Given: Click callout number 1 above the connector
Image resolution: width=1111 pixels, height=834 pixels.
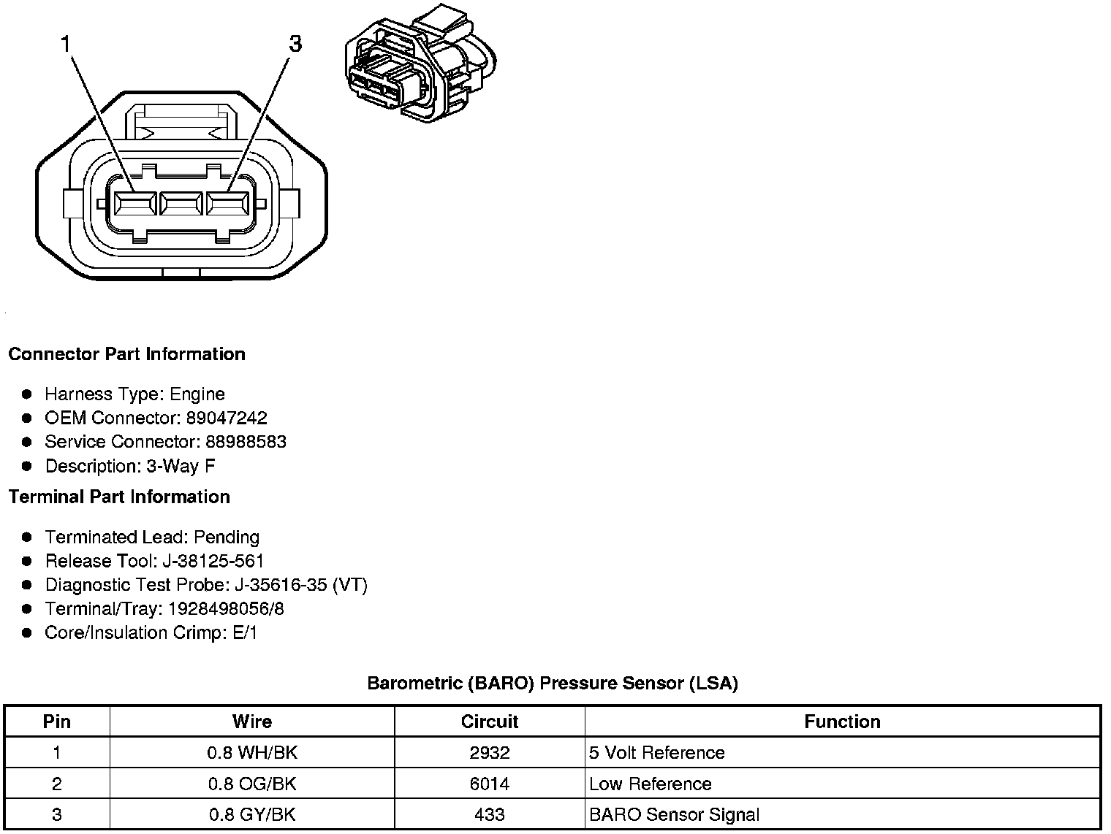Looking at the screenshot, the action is tap(67, 45).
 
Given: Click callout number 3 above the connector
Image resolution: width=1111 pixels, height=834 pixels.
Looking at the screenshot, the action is tap(295, 45).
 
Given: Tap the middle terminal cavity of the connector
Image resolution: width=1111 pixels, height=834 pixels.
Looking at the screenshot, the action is tap(181, 204).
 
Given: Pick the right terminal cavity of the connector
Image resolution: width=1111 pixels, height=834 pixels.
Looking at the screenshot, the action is tap(228, 204).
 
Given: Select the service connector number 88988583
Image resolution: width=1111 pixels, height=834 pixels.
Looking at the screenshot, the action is tap(246, 442).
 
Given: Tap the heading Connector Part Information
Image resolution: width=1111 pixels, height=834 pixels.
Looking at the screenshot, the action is tap(126, 354).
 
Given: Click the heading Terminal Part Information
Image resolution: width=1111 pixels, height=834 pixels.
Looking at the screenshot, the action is tap(119, 497).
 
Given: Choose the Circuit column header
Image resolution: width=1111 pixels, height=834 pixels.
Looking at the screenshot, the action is tap(489, 722).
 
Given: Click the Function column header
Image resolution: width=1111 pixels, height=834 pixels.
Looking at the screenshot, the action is tap(842, 722).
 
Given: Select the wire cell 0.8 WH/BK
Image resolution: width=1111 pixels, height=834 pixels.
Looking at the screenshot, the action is tap(252, 753).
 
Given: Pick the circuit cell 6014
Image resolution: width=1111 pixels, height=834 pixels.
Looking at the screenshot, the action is tap(489, 784).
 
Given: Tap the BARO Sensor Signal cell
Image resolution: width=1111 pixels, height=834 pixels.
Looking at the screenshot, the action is tap(674, 815).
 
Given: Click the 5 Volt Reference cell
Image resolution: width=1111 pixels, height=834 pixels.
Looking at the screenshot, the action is tap(656, 753).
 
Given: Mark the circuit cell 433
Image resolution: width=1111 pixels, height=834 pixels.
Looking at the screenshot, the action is tap(489, 815).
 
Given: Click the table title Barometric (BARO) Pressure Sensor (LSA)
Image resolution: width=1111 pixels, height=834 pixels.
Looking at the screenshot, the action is tap(553, 684).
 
